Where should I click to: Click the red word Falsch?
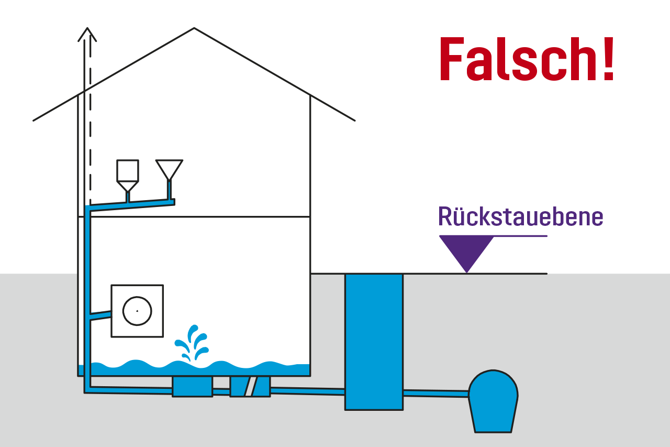tap(516, 60)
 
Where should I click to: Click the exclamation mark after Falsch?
tap(607, 60)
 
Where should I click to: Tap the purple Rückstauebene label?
tap(520, 216)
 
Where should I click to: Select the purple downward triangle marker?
tap(466, 250)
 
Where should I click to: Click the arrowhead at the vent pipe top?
tap(87, 34)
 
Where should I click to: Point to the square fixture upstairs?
tap(128, 171)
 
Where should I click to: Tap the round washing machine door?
tap(137, 311)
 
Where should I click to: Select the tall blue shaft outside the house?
tap(374, 341)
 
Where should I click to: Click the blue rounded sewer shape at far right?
tap(493, 401)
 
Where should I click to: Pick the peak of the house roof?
tap(194, 28)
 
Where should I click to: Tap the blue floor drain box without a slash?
tap(192, 386)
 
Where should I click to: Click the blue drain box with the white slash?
tap(250, 386)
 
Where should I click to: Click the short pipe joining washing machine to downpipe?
tap(100, 315)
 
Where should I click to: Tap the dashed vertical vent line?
tap(91, 131)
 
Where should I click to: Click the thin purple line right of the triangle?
tap(520, 236)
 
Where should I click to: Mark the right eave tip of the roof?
tap(354, 121)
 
